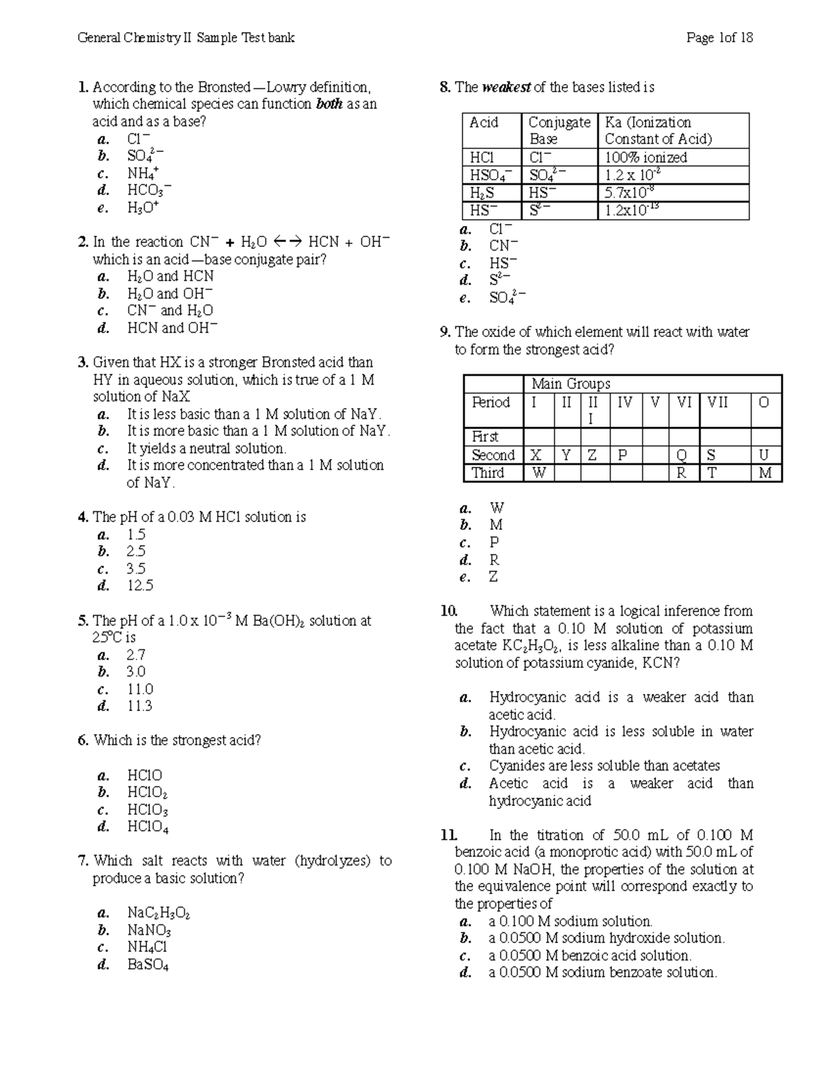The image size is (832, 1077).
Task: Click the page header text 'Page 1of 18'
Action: coord(719,37)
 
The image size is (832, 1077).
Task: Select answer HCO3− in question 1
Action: coord(148,190)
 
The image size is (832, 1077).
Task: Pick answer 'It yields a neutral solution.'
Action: coord(206,448)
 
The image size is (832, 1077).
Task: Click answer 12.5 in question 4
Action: coord(139,585)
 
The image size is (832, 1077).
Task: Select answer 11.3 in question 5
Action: coord(139,706)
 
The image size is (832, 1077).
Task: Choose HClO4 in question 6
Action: coord(148,827)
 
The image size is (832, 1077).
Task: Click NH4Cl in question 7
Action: coord(147,947)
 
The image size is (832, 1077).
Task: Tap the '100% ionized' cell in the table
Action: coord(645,157)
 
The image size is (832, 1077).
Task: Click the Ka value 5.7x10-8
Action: coord(630,193)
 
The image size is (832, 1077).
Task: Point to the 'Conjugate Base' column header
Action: coord(559,130)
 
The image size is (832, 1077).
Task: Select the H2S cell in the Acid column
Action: coord(481,193)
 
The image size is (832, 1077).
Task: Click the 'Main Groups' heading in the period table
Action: coord(571,384)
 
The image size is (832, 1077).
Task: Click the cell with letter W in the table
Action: coord(539,473)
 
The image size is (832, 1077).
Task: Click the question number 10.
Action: coord(449,611)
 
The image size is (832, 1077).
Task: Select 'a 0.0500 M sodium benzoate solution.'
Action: coord(602,972)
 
